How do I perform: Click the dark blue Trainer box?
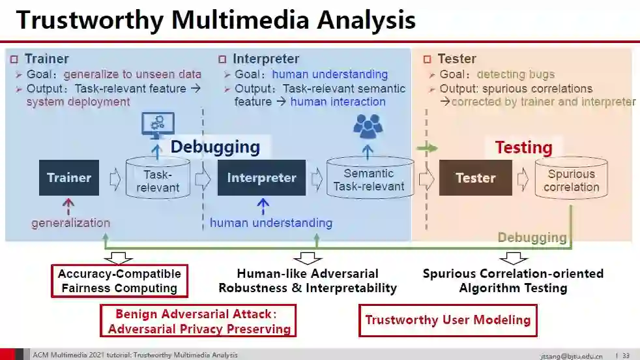tap(69, 177)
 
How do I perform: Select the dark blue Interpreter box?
tap(261, 177)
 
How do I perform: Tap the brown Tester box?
tap(475, 177)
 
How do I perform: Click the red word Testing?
tap(523, 147)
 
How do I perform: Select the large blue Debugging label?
tap(215, 147)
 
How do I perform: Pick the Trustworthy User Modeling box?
tap(448, 320)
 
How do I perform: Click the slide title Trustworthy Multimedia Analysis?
tap(216, 20)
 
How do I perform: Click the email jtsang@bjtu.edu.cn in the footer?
tap(571, 355)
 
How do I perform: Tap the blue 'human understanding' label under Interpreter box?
tap(270, 223)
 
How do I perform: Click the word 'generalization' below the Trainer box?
tap(70, 223)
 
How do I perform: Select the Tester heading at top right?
tap(456, 59)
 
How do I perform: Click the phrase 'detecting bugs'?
tap(516, 74)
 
